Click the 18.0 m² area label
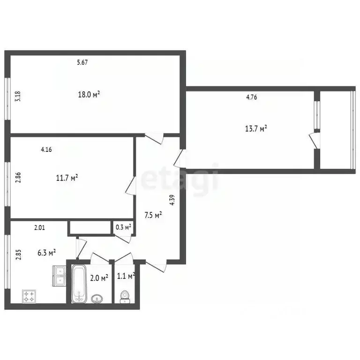coord(89,94)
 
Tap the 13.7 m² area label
coord(257,128)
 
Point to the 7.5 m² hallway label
coord(154,215)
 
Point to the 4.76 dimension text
coord(252,97)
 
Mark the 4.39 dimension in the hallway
coord(172,200)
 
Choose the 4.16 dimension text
coord(46,150)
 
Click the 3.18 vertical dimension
coord(18,96)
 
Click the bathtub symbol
coord(78,283)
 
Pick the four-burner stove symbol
coord(30,296)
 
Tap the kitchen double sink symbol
coord(60,276)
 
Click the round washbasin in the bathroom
coord(97,298)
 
